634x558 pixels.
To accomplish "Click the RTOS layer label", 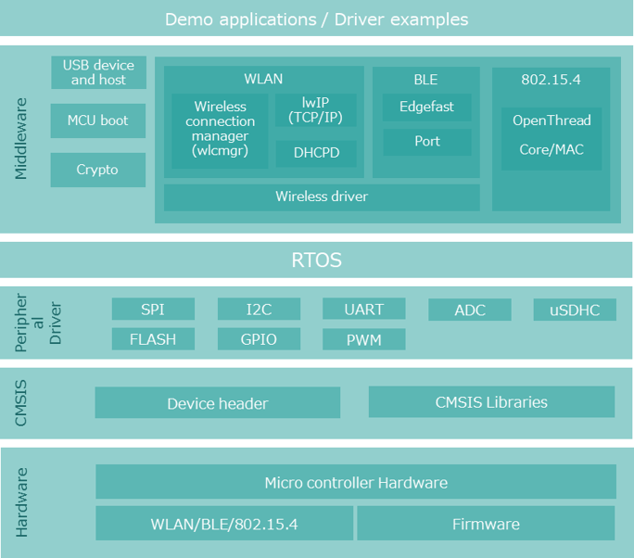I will point(317,260).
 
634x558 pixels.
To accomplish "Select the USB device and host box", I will point(98,72).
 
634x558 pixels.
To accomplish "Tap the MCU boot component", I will point(98,120).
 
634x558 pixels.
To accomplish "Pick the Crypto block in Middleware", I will point(97,170).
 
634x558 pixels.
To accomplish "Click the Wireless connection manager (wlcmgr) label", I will point(220,128).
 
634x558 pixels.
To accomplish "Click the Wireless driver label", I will point(322,197).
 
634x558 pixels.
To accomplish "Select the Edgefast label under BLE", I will point(426,107).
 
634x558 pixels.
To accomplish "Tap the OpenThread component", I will point(552,120).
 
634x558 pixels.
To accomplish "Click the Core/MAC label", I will point(552,149).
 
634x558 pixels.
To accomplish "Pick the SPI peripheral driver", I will point(153,310).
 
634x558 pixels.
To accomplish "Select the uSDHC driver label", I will point(575,310).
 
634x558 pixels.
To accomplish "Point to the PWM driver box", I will point(364,340).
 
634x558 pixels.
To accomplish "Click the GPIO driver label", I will point(259,339).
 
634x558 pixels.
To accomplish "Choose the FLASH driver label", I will point(153,339).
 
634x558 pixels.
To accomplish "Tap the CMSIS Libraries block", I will point(491,402).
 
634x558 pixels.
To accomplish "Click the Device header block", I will point(218,403).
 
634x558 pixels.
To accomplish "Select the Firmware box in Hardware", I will point(486,525).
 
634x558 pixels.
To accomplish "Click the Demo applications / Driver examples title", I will point(317,19).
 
